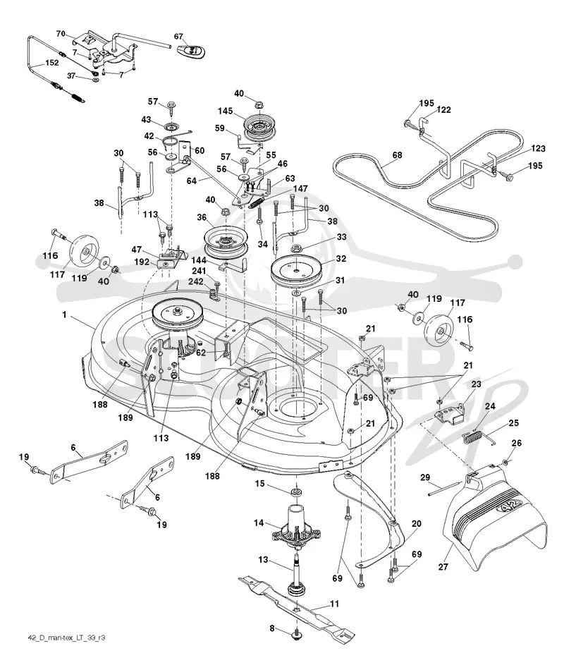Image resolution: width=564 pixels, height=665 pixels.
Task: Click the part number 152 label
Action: point(51,63)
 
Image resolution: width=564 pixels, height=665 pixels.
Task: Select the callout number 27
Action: point(443,566)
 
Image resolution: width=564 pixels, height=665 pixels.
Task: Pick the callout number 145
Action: point(225,111)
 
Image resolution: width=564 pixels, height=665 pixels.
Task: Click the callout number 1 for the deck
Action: point(64,315)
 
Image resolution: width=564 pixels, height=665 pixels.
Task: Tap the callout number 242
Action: point(196,281)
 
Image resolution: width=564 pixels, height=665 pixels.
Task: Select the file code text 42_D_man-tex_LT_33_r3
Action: point(66,637)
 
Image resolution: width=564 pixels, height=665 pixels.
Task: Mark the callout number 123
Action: point(538,148)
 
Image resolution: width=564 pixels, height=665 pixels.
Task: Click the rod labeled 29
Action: point(444,488)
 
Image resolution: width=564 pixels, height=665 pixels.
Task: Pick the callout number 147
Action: point(300,188)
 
